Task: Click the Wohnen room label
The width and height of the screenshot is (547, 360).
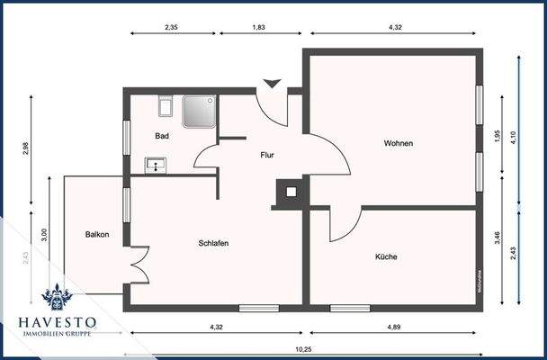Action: (x=399, y=144)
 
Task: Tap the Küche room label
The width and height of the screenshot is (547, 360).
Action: (x=386, y=256)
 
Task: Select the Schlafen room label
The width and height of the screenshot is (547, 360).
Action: (x=213, y=243)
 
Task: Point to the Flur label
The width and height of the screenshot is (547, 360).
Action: (x=267, y=155)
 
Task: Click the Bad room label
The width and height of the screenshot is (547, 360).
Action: (x=162, y=136)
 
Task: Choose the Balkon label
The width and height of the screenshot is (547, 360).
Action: (x=97, y=235)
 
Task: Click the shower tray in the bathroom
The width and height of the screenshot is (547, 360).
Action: (x=198, y=112)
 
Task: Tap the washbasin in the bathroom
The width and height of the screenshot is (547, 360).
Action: (x=157, y=165)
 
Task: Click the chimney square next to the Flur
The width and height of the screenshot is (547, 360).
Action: (x=290, y=191)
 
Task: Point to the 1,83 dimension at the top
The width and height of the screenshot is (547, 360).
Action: (x=260, y=28)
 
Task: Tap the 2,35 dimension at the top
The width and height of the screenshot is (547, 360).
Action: (x=172, y=28)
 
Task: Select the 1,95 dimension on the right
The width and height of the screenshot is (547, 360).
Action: (x=498, y=135)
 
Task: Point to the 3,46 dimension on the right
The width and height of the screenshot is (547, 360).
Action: (x=498, y=238)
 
